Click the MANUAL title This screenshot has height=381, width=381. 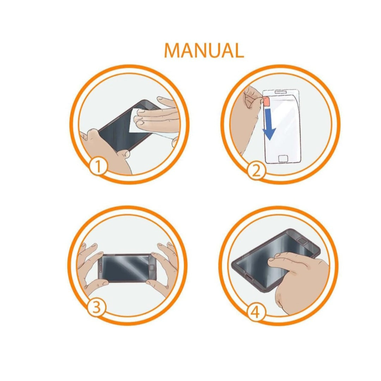tap(204, 50)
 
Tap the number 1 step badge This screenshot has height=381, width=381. tap(98, 166)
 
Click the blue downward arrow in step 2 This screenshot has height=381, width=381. tap(269, 124)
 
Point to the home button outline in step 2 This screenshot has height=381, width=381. tap(283, 159)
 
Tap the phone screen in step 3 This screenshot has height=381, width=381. tap(126, 268)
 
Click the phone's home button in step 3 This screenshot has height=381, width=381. tap(152, 267)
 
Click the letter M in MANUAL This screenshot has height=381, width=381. tap(172, 50)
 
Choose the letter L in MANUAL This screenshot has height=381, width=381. tap(238, 50)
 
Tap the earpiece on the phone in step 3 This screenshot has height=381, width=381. tap(100, 268)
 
